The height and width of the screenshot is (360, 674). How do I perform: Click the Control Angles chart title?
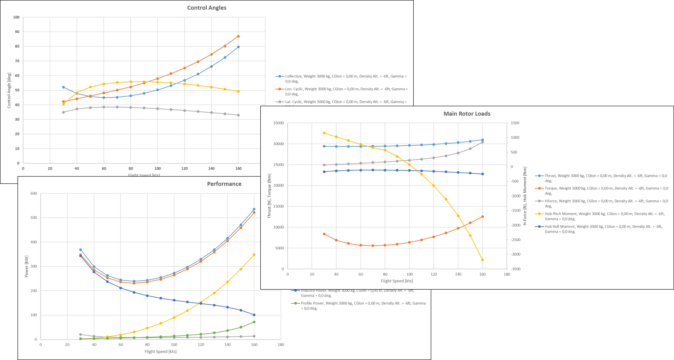pos(207,8)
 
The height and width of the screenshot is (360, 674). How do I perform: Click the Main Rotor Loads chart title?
pos(467,113)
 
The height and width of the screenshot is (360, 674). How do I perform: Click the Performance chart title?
pos(224,184)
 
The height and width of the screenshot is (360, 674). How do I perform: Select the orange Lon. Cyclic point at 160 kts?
pos(238,36)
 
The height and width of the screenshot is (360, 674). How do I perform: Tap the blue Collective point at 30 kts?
pos(63,87)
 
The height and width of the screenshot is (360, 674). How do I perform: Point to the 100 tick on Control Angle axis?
pos(16,17)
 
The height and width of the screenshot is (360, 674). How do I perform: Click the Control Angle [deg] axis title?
pos(9,90)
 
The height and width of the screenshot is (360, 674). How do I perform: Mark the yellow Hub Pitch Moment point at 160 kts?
pos(482,260)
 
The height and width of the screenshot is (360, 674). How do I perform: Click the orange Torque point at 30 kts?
pos(324,234)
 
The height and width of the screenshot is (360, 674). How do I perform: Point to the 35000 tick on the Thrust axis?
pos(278,123)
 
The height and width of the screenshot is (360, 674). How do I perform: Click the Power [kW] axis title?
pos(27,266)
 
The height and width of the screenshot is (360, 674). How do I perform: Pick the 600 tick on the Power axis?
pos(34,193)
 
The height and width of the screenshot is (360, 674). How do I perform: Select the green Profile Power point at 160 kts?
pos(254,322)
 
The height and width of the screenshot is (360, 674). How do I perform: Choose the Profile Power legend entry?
pos(363,306)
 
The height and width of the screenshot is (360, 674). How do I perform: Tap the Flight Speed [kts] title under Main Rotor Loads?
pos(397,281)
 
